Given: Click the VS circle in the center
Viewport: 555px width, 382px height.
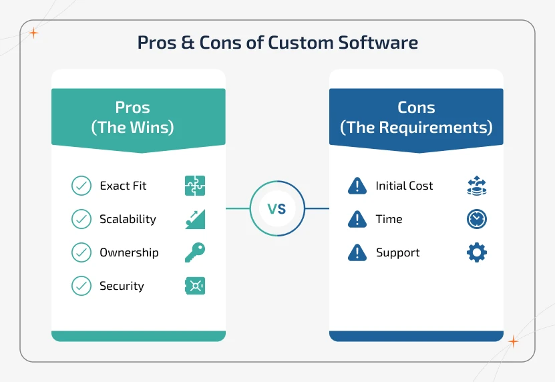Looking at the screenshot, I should coord(277,209).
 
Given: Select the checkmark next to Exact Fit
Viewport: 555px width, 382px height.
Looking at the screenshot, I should coord(81,186).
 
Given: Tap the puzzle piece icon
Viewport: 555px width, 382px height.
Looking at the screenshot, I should coord(195,186).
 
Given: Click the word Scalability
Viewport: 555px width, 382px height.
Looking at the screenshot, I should coord(128,219).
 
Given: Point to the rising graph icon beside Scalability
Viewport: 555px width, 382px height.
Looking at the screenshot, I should coord(195,219).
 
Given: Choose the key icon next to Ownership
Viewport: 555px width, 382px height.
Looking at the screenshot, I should coord(195,252).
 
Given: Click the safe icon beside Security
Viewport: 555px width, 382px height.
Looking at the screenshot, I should coord(195,286).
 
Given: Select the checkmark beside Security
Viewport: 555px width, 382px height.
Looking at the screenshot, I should coord(81,286).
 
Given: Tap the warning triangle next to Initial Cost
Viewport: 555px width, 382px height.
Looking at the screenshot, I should coord(357,186).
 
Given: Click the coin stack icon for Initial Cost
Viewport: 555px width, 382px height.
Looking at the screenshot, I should coord(477,186).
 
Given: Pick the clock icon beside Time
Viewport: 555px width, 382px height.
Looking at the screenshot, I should coord(477,219).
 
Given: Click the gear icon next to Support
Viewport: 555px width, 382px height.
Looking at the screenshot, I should coord(477,252).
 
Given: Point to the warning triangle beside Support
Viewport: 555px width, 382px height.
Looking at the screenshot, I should coord(357,252).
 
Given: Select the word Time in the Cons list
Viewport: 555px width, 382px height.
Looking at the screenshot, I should coord(389,219).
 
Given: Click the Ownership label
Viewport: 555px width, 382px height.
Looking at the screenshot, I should coord(129,252).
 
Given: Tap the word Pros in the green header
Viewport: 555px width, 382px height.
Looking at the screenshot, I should coord(132,108).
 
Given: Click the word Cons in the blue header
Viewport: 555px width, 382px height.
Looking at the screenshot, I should coord(416,108).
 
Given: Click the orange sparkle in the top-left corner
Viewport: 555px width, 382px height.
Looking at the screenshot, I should coord(33,32).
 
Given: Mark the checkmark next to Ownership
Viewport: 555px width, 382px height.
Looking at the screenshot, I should coord(81,252).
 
